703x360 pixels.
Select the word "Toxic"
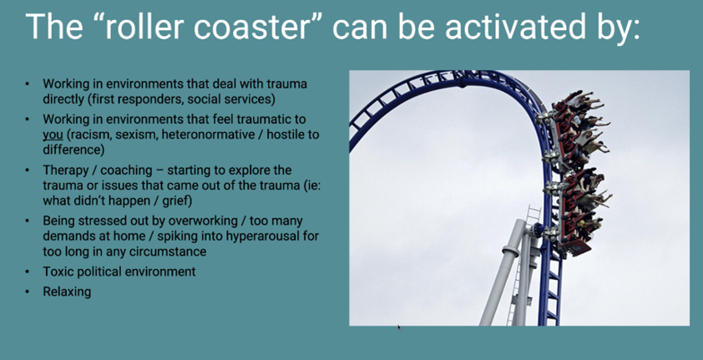tap(57, 271)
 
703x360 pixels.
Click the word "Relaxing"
tap(67, 292)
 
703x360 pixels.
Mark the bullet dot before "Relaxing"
tap(28, 292)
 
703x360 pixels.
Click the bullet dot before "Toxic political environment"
tap(28, 271)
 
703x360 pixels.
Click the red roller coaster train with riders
tap(576, 173)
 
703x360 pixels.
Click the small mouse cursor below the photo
tap(398, 327)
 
